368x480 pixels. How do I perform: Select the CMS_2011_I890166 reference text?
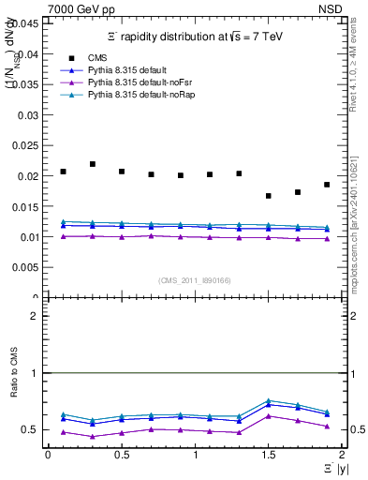pos(195,280)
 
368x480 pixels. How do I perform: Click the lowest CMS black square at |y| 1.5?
pos(269,196)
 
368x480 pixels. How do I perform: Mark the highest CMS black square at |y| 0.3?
pos(92,164)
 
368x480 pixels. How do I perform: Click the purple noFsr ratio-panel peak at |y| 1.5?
pos(269,415)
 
